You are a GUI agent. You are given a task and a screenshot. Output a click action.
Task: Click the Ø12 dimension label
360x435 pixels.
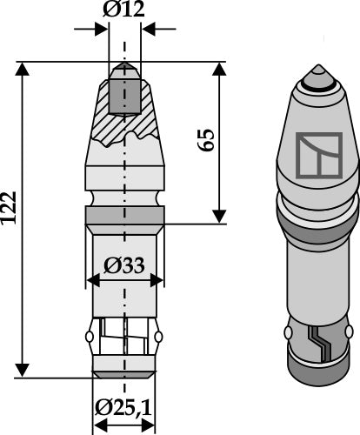(x=125, y=11)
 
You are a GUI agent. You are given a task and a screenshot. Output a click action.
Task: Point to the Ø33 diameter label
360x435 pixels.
(x=125, y=265)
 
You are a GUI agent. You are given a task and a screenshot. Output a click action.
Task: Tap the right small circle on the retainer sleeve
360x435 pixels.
(x=160, y=337)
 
